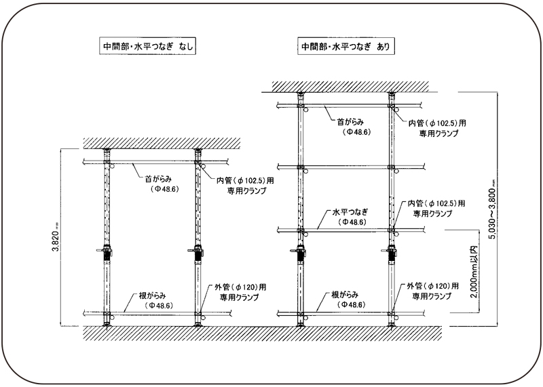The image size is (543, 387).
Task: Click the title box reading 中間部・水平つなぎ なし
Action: pos(147,46)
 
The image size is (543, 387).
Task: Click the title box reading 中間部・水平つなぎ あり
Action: pos(346,46)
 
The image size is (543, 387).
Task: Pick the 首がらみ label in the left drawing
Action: pos(158,179)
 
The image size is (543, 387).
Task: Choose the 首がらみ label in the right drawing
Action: pos(350,122)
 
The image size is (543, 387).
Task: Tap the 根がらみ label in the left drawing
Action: pos(153,296)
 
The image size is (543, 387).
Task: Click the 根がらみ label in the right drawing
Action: pos(345,295)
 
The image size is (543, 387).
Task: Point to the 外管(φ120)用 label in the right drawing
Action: pos(432,286)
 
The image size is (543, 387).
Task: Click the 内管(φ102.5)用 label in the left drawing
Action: pos(245,180)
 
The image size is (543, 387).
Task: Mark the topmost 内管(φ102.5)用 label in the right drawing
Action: pos(437,123)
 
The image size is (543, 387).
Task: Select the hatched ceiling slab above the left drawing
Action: pos(162,143)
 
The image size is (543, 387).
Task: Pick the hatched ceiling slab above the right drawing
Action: pos(350,87)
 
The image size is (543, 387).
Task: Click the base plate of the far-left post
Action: pos(107,325)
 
